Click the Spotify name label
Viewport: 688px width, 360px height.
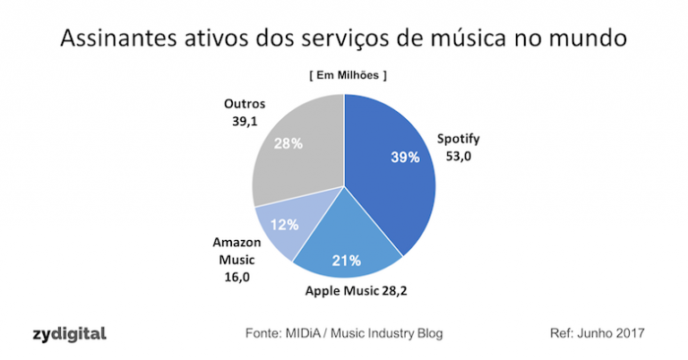point(458,140)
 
